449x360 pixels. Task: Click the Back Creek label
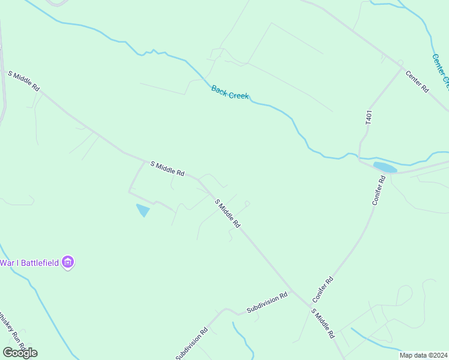pos(230,92)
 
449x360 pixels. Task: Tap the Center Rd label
pos(417,81)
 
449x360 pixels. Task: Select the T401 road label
pos(369,117)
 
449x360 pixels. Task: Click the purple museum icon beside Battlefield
pos(68,263)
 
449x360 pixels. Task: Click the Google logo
pos(20,352)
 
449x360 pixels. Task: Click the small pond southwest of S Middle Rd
pos(143,210)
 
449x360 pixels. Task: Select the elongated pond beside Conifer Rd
pos(385,167)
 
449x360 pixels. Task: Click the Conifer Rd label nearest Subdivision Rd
pos(322,289)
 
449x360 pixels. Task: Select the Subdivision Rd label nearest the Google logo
pos(191,344)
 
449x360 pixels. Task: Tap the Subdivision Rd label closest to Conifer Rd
pos(267,303)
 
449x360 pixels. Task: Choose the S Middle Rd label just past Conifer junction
pos(322,324)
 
